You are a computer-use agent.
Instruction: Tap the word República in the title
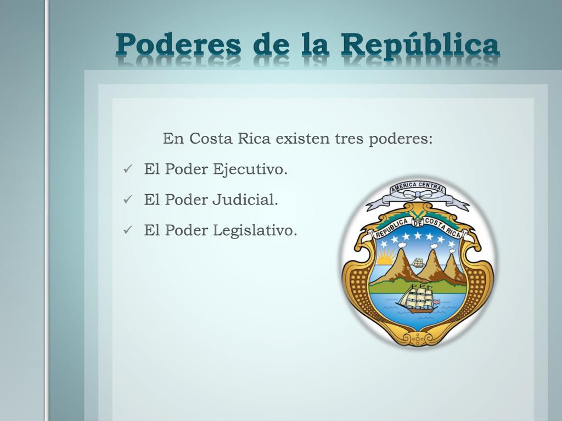[x=420, y=45]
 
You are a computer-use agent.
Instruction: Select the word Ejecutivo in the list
[x=250, y=169]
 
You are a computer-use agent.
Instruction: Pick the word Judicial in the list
[x=245, y=200]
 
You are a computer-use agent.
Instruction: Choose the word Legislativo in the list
[x=255, y=231]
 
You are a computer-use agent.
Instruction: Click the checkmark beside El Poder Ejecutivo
[x=128, y=169]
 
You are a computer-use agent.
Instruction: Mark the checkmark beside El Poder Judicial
[x=128, y=199]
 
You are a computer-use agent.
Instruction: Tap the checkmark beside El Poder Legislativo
[x=128, y=230]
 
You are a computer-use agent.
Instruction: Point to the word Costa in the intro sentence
[x=211, y=138]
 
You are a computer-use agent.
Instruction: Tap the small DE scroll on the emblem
[x=417, y=223]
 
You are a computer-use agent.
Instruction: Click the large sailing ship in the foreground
[x=418, y=299]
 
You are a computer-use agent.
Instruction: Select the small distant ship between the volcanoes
[x=418, y=263]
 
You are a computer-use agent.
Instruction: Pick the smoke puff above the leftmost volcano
[x=401, y=245]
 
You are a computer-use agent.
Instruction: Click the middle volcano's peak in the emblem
[x=434, y=252]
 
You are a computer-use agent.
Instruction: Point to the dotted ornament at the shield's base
[x=418, y=338]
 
